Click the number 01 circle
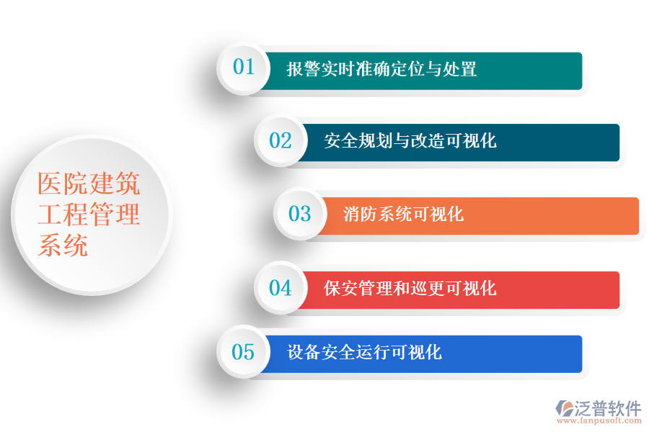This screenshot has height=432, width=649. (244, 68)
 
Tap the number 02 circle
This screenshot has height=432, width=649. (281, 140)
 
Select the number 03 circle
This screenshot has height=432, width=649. (299, 214)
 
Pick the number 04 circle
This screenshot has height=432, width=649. (281, 288)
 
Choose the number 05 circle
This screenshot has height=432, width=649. (244, 352)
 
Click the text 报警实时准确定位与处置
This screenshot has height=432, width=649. (381, 70)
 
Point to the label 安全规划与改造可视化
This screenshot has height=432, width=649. (410, 141)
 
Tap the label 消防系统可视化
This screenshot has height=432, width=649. (403, 214)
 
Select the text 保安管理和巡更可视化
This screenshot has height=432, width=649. (410, 289)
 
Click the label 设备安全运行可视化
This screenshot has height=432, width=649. (364, 353)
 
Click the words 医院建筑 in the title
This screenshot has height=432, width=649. (89, 185)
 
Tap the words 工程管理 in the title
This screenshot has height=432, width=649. (89, 215)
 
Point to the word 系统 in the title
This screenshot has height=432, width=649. (63, 246)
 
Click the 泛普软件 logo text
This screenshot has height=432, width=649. (608, 408)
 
